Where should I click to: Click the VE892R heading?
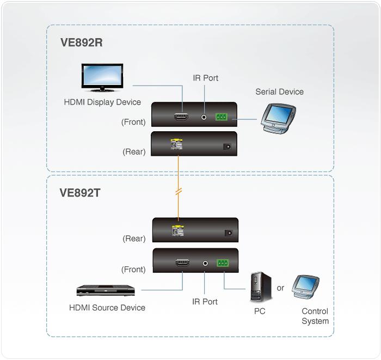[82, 42]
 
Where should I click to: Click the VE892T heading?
[80, 193]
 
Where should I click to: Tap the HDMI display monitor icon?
[102, 78]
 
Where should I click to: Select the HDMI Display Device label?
[102, 102]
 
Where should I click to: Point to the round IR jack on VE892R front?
[204, 117]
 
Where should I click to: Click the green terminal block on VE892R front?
[222, 117]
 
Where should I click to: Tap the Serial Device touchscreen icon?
[278, 119]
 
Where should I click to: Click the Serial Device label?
[279, 92]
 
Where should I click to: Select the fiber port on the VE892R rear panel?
[177, 144]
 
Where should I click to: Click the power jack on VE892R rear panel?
[227, 147]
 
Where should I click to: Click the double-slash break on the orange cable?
[179, 191]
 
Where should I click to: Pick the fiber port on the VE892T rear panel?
[178, 231]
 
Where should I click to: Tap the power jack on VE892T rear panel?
[229, 233]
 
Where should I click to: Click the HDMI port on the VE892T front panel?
[183, 263]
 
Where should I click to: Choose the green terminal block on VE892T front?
[223, 263]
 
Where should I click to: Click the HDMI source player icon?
[106, 290]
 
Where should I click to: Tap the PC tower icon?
[261, 287]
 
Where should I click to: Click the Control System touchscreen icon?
[306, 288]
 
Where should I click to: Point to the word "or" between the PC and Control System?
[280, 288]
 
